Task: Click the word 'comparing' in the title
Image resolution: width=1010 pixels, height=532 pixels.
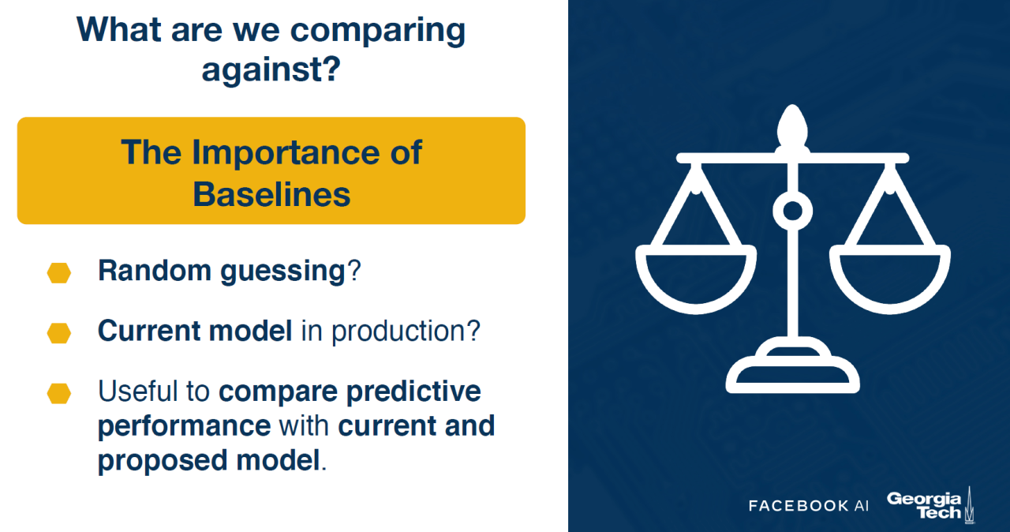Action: tap(377, 32)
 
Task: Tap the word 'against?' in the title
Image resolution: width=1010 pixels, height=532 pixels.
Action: tap(271, 69)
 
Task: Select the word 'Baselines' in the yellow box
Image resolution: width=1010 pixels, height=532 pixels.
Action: tap(271, 195)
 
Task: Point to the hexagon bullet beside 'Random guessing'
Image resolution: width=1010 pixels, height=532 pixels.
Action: tap(59, 273)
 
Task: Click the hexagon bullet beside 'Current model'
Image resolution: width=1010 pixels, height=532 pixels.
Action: tap(59, 333)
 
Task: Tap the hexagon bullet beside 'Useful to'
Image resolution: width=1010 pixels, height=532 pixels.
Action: tap(59, 394)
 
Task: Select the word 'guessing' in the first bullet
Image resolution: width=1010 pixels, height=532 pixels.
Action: tap(282, 272)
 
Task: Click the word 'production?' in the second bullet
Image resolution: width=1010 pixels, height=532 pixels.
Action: tap(406, 332)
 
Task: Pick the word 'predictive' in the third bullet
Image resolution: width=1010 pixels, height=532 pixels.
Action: tap(413, 392)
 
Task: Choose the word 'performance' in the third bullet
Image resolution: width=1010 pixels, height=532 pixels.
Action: tap(185, 426)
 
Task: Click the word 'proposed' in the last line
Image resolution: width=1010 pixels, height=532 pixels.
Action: tap(163, 461)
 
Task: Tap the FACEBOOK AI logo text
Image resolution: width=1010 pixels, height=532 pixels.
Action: tap(809, 506)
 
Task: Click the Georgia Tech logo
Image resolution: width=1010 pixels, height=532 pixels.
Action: tap(930, 505)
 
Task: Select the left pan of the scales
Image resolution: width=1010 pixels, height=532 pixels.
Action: tap(696, 279)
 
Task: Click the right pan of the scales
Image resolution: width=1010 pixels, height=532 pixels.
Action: tap(889, 279)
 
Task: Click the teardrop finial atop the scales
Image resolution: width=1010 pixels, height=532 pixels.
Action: tap(792, 129)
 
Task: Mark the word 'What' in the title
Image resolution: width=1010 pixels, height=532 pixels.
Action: tap(119, 30)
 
